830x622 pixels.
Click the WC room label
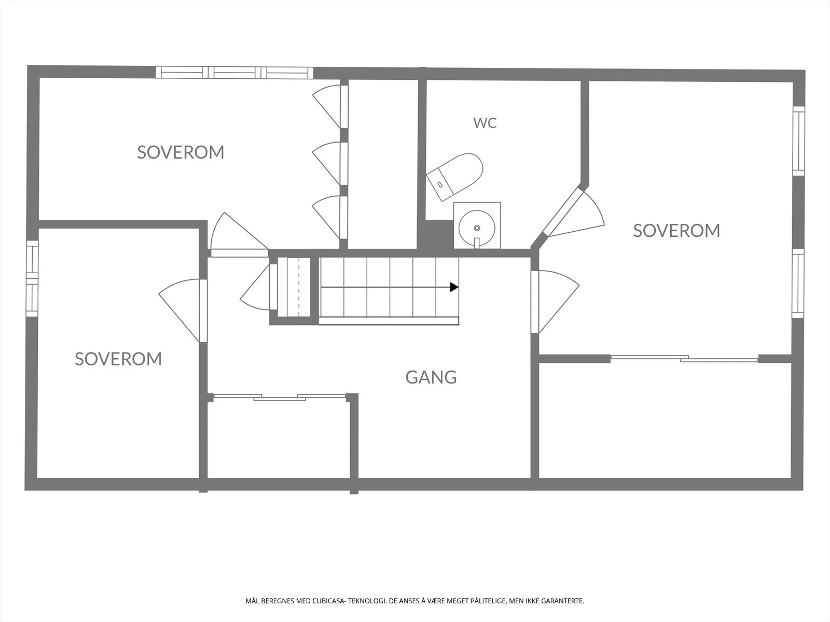pyautogui.click(x=485, y=123)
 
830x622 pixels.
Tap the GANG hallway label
pyautogui.click(x=431, y=377)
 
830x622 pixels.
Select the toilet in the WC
pyautogui.click(x=454, y=177)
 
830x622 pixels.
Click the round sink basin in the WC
pyautogui.click(x=477, y=228)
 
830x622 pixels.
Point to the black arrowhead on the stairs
pyautogui.click(x=454, y=287)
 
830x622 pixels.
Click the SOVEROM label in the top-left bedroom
pyautogui.click(x=181, y=152)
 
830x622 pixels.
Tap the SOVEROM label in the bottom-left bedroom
pyautogui.click(x=118, y=359)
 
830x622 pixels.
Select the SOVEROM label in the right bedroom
pyautogui.click(x=676, y=231)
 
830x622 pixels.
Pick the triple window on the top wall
pyautogui.click(x=234, y=73)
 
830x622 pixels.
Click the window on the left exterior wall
pyautogui.click(x=32, y=278)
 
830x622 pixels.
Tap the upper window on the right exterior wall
pyautogui.click(x=798, y=141)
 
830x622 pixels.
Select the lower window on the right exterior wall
pyautogui.click(x=798, y=283)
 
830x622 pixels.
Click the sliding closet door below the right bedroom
pyautogui.click(x=684, y=359)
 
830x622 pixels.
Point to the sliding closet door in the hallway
pyautogui.click(x=280, y=397)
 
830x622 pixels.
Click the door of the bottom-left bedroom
pyautogui.click(x=183, y=310)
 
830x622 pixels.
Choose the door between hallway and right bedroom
pyautogui.click(x=555, y=302)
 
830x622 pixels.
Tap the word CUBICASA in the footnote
pyautogui.click(x=328, y=601)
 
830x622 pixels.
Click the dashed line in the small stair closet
pyautogui.click(x=299, y=287)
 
